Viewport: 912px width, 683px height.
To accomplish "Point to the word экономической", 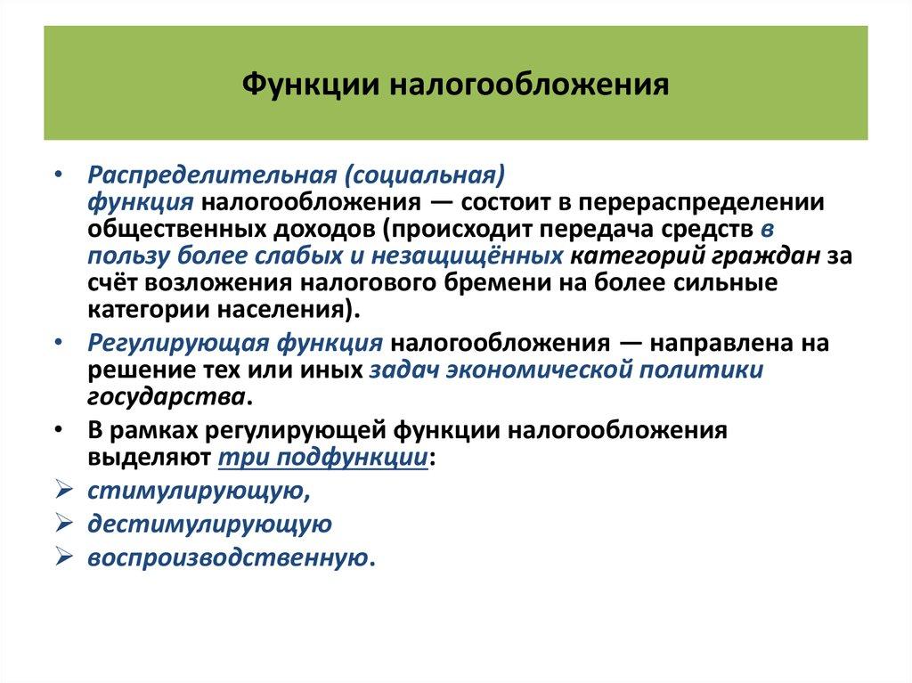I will pos(555,370).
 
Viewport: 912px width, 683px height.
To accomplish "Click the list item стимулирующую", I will pos(197,491).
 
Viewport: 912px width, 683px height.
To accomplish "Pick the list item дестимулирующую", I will pos(209,524).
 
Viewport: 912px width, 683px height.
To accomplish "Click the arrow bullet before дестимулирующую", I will pos(63,524).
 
